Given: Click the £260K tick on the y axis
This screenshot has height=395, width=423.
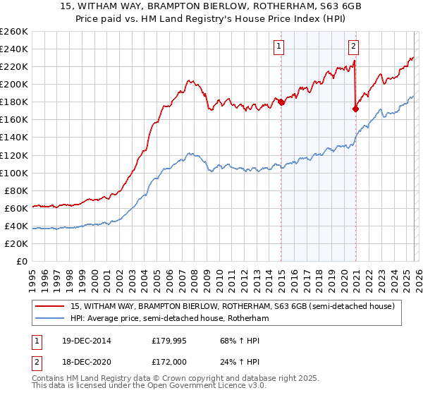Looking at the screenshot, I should pyautogui.click(x=13, y=32).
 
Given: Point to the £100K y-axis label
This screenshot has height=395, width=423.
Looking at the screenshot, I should pyautogui.click(x=13, y=173).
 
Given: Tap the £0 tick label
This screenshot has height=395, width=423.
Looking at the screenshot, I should pyautogui.click(x=21, y=262).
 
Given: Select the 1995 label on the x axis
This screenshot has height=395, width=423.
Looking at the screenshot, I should pyautogui.click(x=32, y=275).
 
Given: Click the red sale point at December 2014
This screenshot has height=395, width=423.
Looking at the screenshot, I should pyautogui.click(x=281, y=102).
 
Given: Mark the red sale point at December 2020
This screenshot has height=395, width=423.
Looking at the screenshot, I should pyautogui.click(x=356, y=109).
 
